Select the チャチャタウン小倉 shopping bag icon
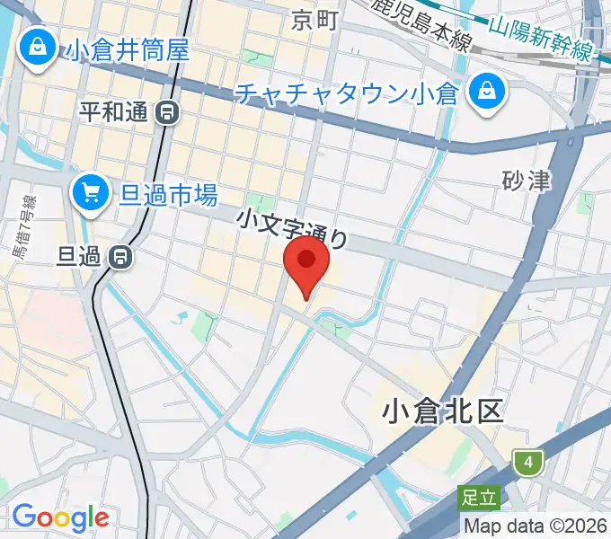(x=485, y=93)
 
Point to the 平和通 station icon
(x=166, y=112)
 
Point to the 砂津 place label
(x=526, y=181)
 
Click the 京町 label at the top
(x=314, y=20)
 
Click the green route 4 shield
(x=529, y=462)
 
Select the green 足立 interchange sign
(x=477, y=496)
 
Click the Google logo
(x=60, y=517)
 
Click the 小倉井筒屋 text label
(x=128, y=49)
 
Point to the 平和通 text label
(x=115, y=112)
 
